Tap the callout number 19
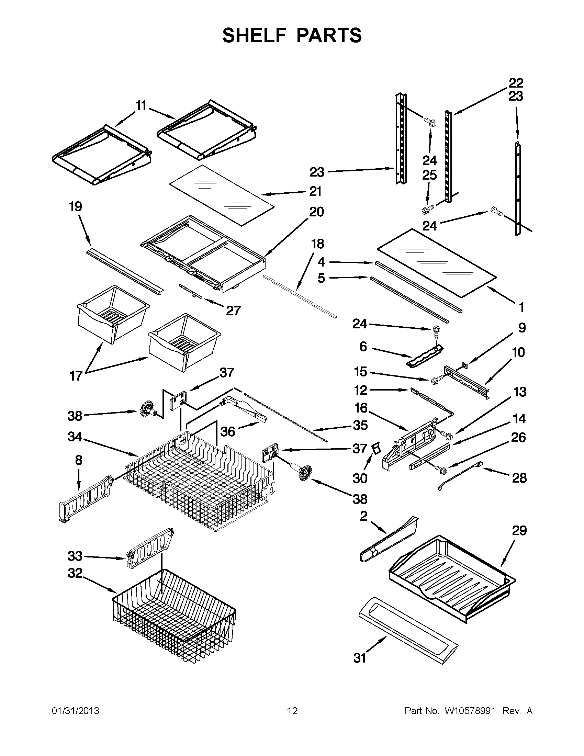[76, 207]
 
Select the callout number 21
[315, 191]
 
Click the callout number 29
[519, 531]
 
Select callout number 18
[317, 244]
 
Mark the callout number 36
[228, 431]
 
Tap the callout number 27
[233, 311]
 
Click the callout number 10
[518, 352]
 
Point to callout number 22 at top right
[516, 83]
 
